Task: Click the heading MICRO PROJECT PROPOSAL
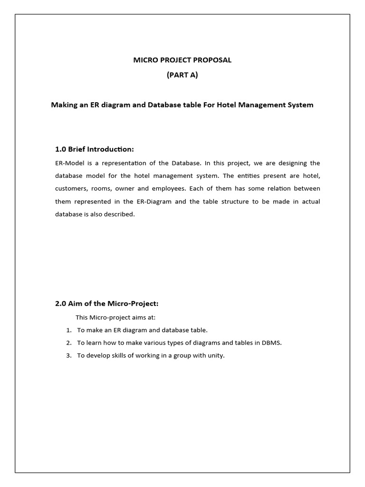182,60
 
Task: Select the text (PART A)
182,75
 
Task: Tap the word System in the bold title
299,105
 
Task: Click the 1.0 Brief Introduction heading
95,149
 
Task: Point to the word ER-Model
70,163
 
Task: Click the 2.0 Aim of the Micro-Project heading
107,303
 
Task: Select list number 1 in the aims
68,330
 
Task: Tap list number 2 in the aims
68,343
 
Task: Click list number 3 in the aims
68,356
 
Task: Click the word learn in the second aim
94,343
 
